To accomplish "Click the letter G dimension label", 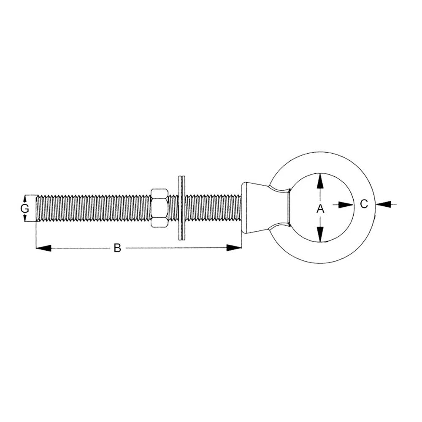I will [x=25, y=208].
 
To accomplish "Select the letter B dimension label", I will [x=117, y=248].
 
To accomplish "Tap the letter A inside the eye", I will [x=320, y=208].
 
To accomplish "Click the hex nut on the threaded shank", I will [x=159, y=208].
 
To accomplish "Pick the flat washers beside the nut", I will [x=182, y=208].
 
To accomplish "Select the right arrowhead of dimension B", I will [x=234, y=248].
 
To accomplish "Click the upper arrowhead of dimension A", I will [x=320, y=181].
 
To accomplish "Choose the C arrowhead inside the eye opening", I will [x=346, y=205].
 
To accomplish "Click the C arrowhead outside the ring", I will [x=382, y=205].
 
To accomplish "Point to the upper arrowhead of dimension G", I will [x=25, y=198].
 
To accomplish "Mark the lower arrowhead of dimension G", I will [x=25, y=217].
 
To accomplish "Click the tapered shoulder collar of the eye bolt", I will [x=253, y=208].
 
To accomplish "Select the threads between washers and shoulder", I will [x=213, y=208].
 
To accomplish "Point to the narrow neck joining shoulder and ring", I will [x=281, y=208].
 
